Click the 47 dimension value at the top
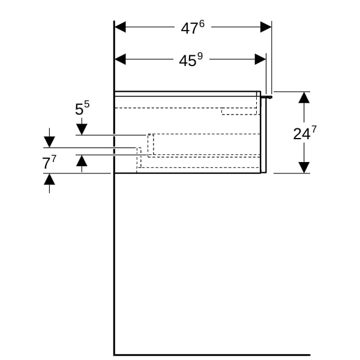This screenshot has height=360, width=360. pyautogui.click(x=190, y=28)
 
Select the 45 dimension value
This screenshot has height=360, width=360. pyautogui.click(x=188, y=61)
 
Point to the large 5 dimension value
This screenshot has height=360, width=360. pyautogui.click(x=79, y=109)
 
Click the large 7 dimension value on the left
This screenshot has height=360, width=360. pyautogui.click(x=46, y=163)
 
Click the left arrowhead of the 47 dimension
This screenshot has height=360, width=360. pyautogui.click(x=120, y=27)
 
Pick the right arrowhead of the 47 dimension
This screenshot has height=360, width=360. pyautogui.click(x=266, y=27)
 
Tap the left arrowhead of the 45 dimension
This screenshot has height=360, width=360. pyautogui.click(x=120, y=59)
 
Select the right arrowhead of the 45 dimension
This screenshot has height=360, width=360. pyautogui.click(x=260, y=59)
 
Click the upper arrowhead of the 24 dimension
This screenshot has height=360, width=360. pyautogui.click(x=304, y=97)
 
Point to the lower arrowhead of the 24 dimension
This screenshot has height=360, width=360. pyautogui.click(x=304, y=167)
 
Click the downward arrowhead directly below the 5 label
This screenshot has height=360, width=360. pyautogui.click(x=82, y=129)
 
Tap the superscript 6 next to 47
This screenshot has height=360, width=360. pyautogui.click(x=202, y=23)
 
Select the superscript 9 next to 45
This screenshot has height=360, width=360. pyautogui.click(x=200, y=56)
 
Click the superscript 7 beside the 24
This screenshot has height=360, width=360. pyautogui.click(x=314, y=130)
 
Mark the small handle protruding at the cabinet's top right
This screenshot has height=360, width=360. pyautogui.click(x=266, y=97)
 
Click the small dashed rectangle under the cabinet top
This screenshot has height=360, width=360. pyautogui.click(x=239, y=111)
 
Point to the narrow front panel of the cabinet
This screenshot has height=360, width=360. pyautogui.click(x=263, y=135)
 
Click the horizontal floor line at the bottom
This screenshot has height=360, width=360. pyautogui.click(x=212, y=355)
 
